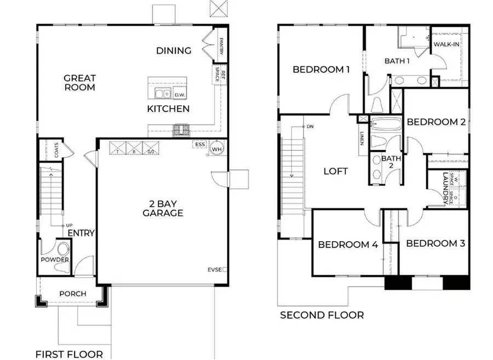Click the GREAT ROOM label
pyautogui.click(x=79, y=83)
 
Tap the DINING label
pyautogui.click(x=174, y=51)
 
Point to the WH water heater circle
pyautogui.click(x=217, y=148)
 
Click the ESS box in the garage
pyautogui.click(x=200, y=145)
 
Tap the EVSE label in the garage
pyautogui.click(x=215, y=270)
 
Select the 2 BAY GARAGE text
pyautogui.click(x=163, y=208)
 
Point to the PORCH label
pyautogui.click(x=72, y=294)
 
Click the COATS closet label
pyautogui.click(x=56, y=151)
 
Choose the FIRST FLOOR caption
pyautogui.click(x=69, y=354)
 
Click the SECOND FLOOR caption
pyautogui.click(x=322, y=315)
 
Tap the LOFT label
pyautogui.click(x=336, y=171)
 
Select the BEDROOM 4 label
pyautogui.click(x=348, y=244)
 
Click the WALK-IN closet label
pyautogui.click(x=446, y=44)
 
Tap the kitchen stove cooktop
pyautogui.click(x=181, y=130)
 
